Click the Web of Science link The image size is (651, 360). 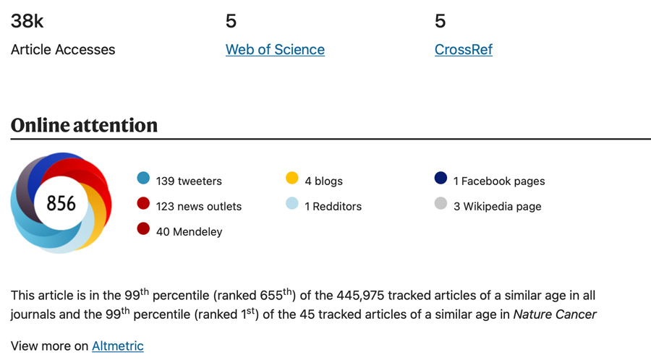click(275, 50)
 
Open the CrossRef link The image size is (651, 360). click(464, 50)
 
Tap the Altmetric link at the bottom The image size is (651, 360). click(117, 346)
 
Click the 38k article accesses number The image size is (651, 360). click(27, 22)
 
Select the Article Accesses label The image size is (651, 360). click(63, 50)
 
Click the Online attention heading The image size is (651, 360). click(84, 125)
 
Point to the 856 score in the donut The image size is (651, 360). click(61, 204)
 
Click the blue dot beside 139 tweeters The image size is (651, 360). click(143, 179)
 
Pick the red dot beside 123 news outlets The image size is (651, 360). click(143, 204)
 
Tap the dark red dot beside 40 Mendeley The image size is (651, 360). click(143, 229)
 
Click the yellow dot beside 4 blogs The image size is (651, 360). click(292, 179)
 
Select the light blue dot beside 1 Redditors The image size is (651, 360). click(292, 204)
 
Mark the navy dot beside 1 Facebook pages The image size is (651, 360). click(441, 179)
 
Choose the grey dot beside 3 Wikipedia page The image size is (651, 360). click(441, 204)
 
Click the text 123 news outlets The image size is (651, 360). click(199, 207)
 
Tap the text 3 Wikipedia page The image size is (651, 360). click(498, 207)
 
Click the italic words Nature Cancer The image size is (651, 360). click(555, 314)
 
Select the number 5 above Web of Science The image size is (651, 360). click(231, 22)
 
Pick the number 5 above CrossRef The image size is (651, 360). click(440, 22)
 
